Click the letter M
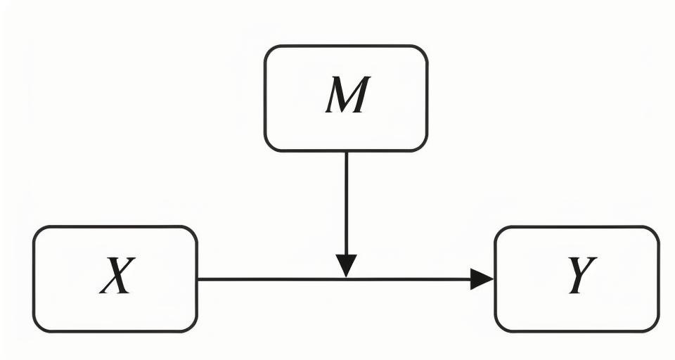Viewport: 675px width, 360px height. coord(347,97)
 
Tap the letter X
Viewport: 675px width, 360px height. coord(116,277)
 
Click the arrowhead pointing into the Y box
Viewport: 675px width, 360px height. coord(482,279)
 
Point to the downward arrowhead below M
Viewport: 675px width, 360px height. coord(346,266)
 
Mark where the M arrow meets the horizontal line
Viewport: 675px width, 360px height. coord(346,279)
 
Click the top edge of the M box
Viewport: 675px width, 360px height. coord(346,46)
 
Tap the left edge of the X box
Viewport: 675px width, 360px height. coord(34,279)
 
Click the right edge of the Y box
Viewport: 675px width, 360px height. coord(659,279)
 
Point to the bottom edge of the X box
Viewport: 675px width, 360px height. coord(115,330)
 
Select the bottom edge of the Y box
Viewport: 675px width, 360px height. coord(577,330)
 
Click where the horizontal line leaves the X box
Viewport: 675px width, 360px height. coord(198,279)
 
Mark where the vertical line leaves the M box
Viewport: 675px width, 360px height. coord(346,151)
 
